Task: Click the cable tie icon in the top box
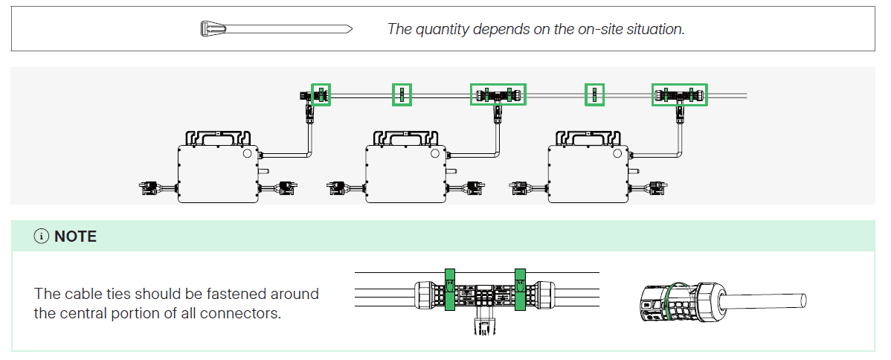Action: [x=277, y=28]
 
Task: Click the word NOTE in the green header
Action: [x=76, y=237]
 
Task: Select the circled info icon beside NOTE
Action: [x=42, y=237]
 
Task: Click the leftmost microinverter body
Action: [x=219, y=173]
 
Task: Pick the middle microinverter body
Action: [x=406, y=173]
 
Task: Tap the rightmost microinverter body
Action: [x=589, y=173]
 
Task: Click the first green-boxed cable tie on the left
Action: [x=321, y=94]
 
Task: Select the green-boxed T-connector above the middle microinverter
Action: [x=498, y=94]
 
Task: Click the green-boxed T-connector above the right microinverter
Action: [x=680, y=94]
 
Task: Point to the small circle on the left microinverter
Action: [x=247, y=153]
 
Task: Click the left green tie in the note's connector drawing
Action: [x=449, y=290]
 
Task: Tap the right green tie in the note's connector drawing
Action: [x=521, y=290]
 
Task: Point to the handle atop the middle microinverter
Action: [x=406, y=138]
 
